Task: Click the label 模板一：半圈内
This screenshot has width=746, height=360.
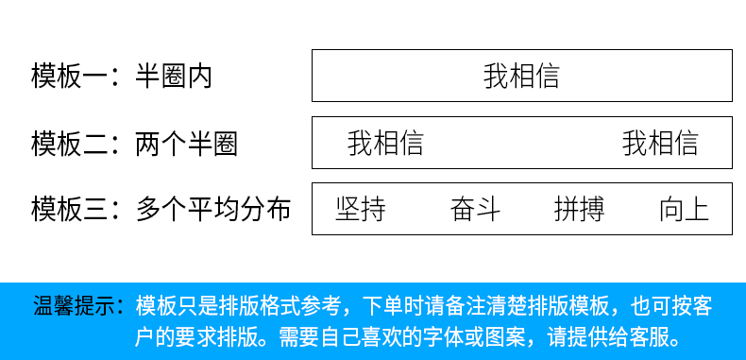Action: coord(122,76)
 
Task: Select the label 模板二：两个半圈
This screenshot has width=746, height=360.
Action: coord(134,144)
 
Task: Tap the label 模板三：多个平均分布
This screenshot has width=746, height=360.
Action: coord(161,209)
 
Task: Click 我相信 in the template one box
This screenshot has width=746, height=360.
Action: coord(521,76)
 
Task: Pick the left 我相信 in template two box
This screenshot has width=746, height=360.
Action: coord(385,144)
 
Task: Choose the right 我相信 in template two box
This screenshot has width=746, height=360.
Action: coord(660,144)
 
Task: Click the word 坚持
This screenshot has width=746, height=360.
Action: coord(361,209)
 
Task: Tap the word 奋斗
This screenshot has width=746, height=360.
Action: coord(475,209)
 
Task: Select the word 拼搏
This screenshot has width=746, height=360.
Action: coord(579,209)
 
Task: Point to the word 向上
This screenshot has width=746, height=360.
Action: coord(684,209)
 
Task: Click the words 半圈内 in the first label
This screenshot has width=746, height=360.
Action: coord(174,76)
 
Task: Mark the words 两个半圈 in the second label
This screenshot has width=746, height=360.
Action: coord(186,144)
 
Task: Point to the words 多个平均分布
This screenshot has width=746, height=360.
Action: coord(212,209)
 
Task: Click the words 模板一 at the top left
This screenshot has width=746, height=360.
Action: coord(61,76)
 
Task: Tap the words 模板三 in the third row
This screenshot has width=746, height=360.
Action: coord(61,209)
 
